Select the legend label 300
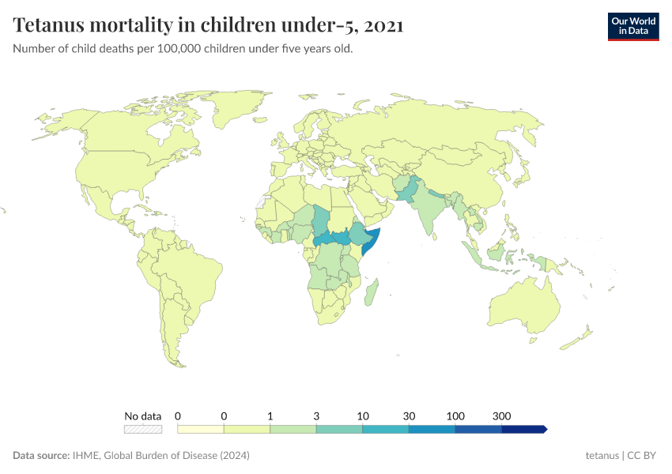pos(501,416)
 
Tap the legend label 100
pos(455,416)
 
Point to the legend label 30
pos(409,416)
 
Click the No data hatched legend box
pos(142,429)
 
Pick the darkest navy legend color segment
pos(523,429)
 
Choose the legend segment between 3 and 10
pos(339,429)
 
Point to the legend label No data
pos(142,416)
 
